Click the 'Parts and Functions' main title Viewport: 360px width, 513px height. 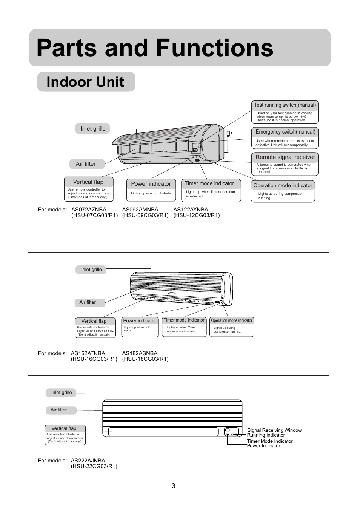(155, 48)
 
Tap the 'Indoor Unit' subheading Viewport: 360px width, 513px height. (85, 82)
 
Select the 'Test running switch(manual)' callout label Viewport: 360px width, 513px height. (285, 105)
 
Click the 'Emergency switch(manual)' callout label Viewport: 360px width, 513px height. (285, 132)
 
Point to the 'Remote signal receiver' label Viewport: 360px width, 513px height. (285, 157)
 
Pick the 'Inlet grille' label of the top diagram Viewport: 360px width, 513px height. (93, 129)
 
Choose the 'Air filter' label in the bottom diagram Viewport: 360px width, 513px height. (59, 410)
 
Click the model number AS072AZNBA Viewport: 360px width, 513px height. (89, 210)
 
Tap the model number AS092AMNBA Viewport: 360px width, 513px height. (140, 210)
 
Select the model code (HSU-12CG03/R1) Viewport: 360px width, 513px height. (196, 215)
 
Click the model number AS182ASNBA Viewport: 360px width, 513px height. (140, 353)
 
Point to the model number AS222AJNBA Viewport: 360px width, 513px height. (88, 461)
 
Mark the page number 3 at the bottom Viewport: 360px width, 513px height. (174, 486)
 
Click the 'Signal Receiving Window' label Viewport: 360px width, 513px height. (274, 430)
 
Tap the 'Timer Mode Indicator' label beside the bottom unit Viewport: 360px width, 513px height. (270, 441)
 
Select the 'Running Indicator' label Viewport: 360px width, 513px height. (266, 435)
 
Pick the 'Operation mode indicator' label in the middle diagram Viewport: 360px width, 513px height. (232, 320)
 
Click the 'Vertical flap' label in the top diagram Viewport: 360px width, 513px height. (88, 182)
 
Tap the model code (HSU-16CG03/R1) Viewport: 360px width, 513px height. (94, 359)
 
